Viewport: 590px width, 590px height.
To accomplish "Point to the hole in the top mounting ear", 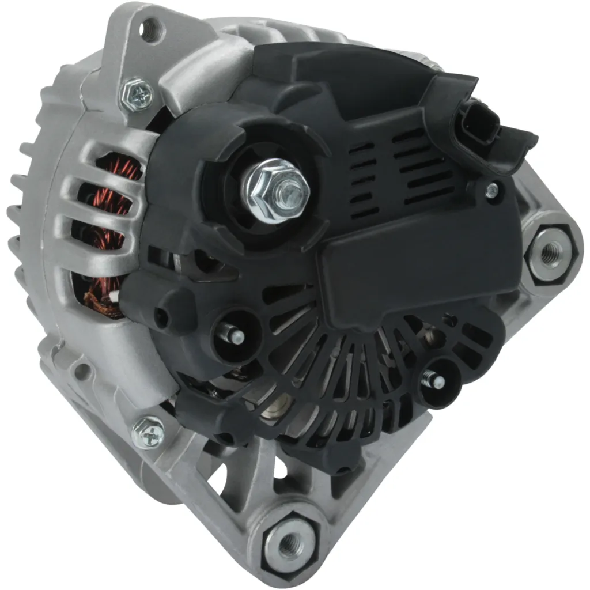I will click(151, 29).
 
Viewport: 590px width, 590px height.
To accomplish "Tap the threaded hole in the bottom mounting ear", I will click(290, 540).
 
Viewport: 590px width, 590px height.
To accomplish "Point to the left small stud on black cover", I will click(235, 334).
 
